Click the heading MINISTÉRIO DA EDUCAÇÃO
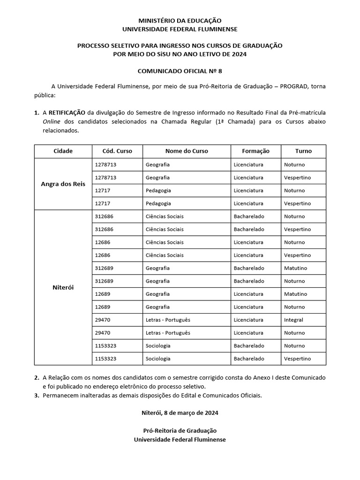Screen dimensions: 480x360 [180, 21]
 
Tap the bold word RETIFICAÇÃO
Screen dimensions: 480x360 [67, 113]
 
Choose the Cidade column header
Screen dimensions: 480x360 [63, 151]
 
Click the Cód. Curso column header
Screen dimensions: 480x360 [117, 151]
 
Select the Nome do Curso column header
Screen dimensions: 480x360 [187, 151]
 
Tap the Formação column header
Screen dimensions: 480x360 [255, 151]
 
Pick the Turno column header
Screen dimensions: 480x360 [303, 151]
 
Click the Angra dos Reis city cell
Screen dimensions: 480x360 [63, 184]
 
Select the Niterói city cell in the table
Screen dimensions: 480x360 [63, 287]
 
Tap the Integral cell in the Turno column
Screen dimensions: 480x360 [293, 320]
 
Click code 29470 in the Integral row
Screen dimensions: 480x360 [102, 320]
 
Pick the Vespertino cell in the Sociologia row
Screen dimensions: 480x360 [297, 359]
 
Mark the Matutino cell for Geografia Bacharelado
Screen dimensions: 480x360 [295, 268]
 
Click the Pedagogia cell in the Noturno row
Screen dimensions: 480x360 [158, 190]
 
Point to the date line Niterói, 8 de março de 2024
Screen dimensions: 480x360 [180, 413]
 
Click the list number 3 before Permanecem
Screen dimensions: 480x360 [37, 396]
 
